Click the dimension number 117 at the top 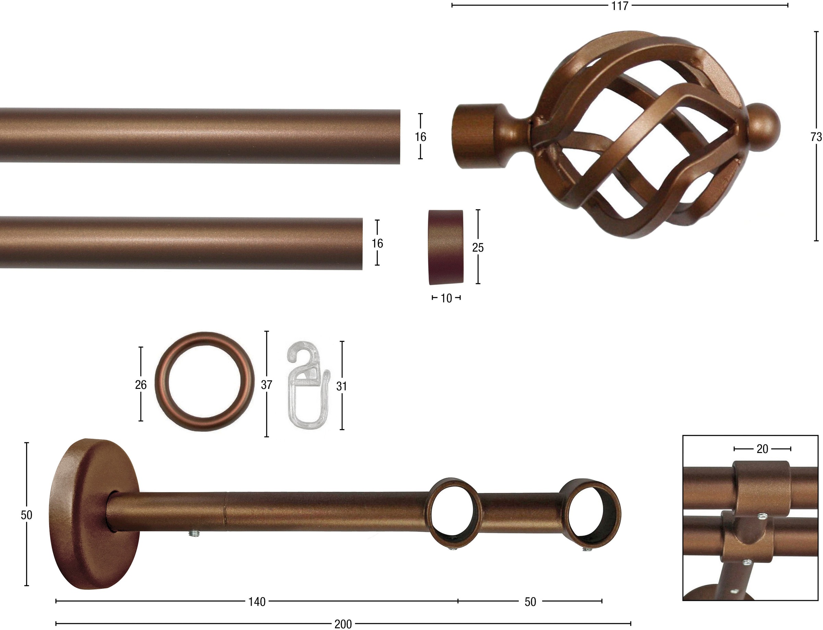pos(620,6)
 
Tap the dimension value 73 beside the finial pos(816,137)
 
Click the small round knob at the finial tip pos(764,128)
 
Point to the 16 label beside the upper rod pos(420,137)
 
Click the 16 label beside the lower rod pos(377,243)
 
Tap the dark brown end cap pos(445,247)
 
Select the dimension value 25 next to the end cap pos(478,248)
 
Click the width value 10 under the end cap pos(446,298)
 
